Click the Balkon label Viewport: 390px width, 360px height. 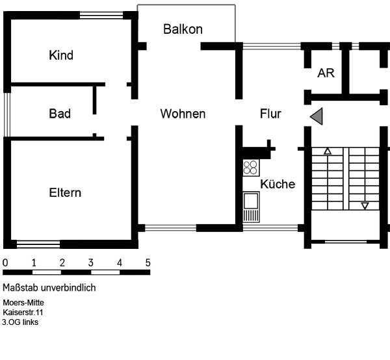[x=183, y=29]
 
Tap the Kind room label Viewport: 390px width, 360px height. [x=61, y=55]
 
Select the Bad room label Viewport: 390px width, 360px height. [x=60, y=114]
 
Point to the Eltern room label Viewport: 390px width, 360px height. [x=65, y=193]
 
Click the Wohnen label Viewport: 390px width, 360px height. [x=183, y=114]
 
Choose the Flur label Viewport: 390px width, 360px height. [x=270, y=114]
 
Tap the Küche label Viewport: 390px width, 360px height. [x=278, y=184]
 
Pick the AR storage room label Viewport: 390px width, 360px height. [x=326, y=73]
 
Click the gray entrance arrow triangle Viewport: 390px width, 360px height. [x=317, y=116]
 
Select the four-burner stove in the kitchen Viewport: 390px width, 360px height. [x=250, y=168]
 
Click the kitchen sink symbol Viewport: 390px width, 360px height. [x=250, y=207]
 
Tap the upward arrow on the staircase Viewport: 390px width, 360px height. [x=328, y=151]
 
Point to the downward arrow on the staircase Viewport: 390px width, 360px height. [x=365, y=206]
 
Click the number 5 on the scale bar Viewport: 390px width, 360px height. [x=148, y=263]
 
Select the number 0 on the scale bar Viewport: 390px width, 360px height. [x=5, y=263]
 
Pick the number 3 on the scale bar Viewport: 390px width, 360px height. [x=90, y=263]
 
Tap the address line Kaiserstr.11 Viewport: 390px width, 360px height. [x=23, y=313]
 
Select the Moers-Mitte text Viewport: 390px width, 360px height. [x=23, y=303]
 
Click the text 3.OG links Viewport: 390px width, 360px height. [x=20, y=322]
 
